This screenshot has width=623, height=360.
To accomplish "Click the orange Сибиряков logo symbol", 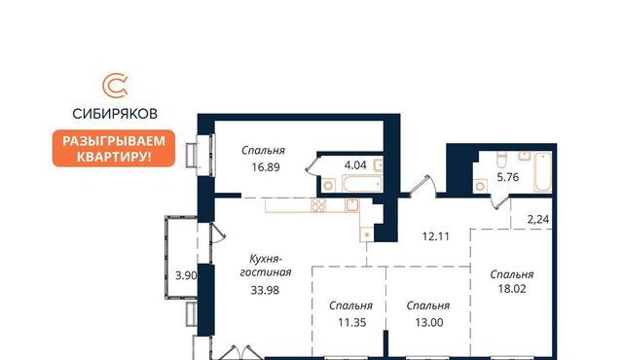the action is pos(115,86).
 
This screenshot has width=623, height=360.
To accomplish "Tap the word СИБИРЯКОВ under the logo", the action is pos(115,114).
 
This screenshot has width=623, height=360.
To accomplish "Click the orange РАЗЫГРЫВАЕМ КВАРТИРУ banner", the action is pos(114,149).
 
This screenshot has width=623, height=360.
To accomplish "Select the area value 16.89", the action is pos(266,167).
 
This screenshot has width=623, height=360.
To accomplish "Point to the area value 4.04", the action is pos(355,164).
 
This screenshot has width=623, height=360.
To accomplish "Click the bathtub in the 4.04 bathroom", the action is pos(362,184).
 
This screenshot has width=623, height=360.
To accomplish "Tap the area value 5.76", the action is pos(508,177).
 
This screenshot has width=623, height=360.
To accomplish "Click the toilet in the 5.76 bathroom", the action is pos(502,160).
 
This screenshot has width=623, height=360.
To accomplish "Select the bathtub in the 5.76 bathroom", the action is pos(543,172).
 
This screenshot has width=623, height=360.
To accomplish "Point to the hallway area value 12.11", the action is pos(435,237).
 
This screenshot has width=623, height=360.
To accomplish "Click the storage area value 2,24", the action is pos(538,220).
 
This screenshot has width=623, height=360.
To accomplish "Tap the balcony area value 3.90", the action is pos(186,275).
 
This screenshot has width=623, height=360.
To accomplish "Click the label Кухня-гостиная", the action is pos(266,266).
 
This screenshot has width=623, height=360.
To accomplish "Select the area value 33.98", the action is pos(265,291).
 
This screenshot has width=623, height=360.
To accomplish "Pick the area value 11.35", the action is pos(352,323).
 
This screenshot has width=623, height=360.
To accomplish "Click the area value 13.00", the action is pos(429,323).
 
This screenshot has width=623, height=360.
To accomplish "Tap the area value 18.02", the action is pos(512,289).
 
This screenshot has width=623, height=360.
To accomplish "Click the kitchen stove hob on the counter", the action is pos(318,205).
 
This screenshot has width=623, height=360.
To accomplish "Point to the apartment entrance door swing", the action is pos(422,185).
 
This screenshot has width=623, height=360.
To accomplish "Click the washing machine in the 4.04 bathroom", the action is pos(328,186).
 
